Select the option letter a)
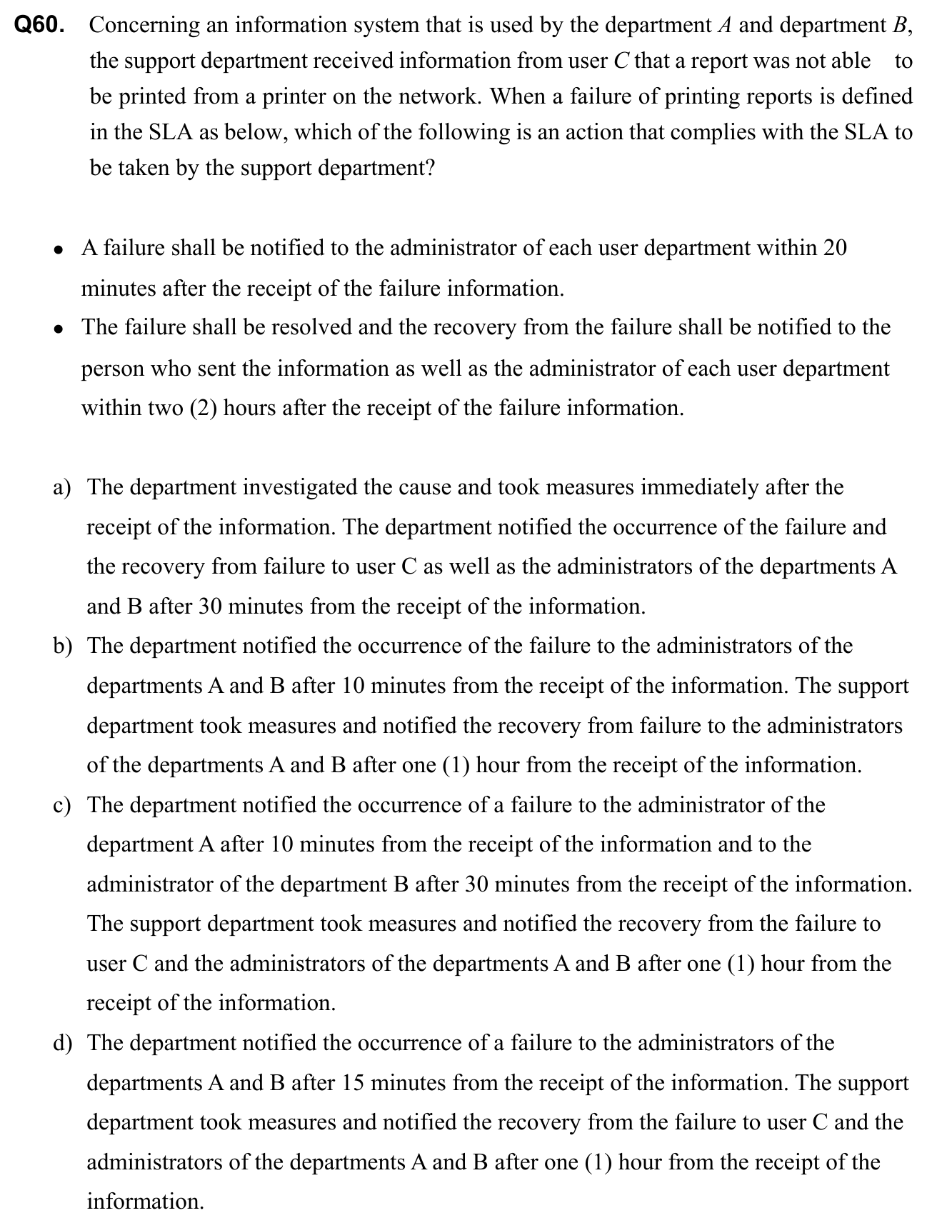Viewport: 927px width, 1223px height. point(62,488)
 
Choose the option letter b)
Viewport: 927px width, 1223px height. point(63,647)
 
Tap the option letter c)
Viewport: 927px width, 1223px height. point(62,806)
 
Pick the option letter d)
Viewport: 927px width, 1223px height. point(63,1044)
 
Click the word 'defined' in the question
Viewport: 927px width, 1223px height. point(877,96)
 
